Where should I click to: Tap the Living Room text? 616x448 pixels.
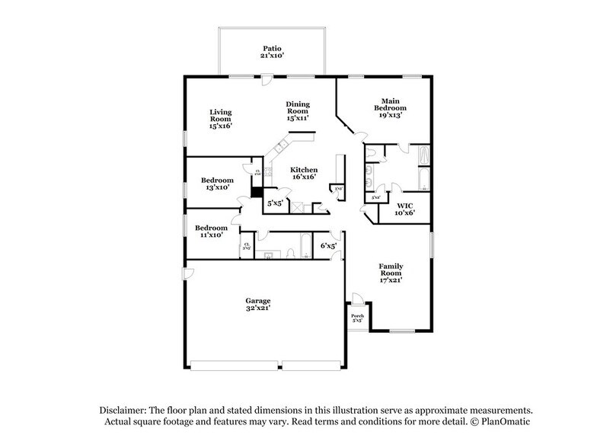(x=221, y=117)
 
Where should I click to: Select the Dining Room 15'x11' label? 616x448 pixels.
(x=297, y=110)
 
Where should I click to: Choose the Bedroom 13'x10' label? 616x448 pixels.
(x=217, y=184)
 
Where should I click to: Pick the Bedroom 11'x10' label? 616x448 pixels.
(x=210, y=231)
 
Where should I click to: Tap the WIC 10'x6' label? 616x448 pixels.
(x=404, y=210)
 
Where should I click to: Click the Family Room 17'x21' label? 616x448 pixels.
(x=391, y=273)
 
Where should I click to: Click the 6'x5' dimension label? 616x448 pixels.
(x=328, y=245)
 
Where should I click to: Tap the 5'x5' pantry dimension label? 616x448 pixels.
(x=274, y=203)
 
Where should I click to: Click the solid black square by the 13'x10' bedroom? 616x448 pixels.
(x=257, y=194)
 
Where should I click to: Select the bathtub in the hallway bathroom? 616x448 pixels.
(x=305, y=247)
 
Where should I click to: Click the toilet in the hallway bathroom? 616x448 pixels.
(x=292, y=254)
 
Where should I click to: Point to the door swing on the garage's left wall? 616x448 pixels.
(x=184, y=273)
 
